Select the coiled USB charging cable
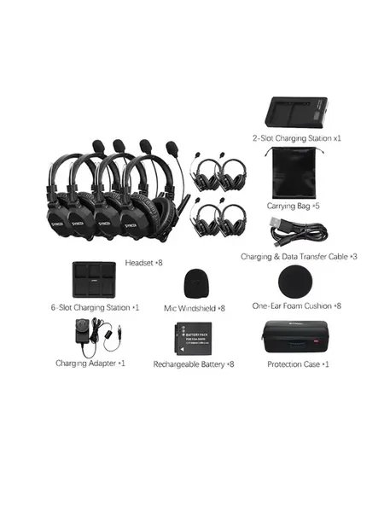click(x=299, y=233)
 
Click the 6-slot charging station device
click(x=94, y=280)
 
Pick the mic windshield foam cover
click(x=195, y=283)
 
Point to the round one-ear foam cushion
click(x=295, y=282)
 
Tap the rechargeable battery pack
click(x=193, y=339)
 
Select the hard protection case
click(x=295, y=337)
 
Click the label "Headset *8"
click(x=143, y=263)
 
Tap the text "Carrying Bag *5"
click(x=293, y=206)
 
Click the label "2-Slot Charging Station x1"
click(x=296, y=138)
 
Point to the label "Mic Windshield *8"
click(x=195, y=308)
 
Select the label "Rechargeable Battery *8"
click(x=194, y=364)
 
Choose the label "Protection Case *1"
click(x=298, y=364)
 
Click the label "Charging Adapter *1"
click(x=90, y=364)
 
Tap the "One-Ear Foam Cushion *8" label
click(x=296, y=306)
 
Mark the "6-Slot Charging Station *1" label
click(x=95, y=307)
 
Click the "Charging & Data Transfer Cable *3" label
click(x=299, y=257)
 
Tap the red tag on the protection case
click(x=316, y=342)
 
